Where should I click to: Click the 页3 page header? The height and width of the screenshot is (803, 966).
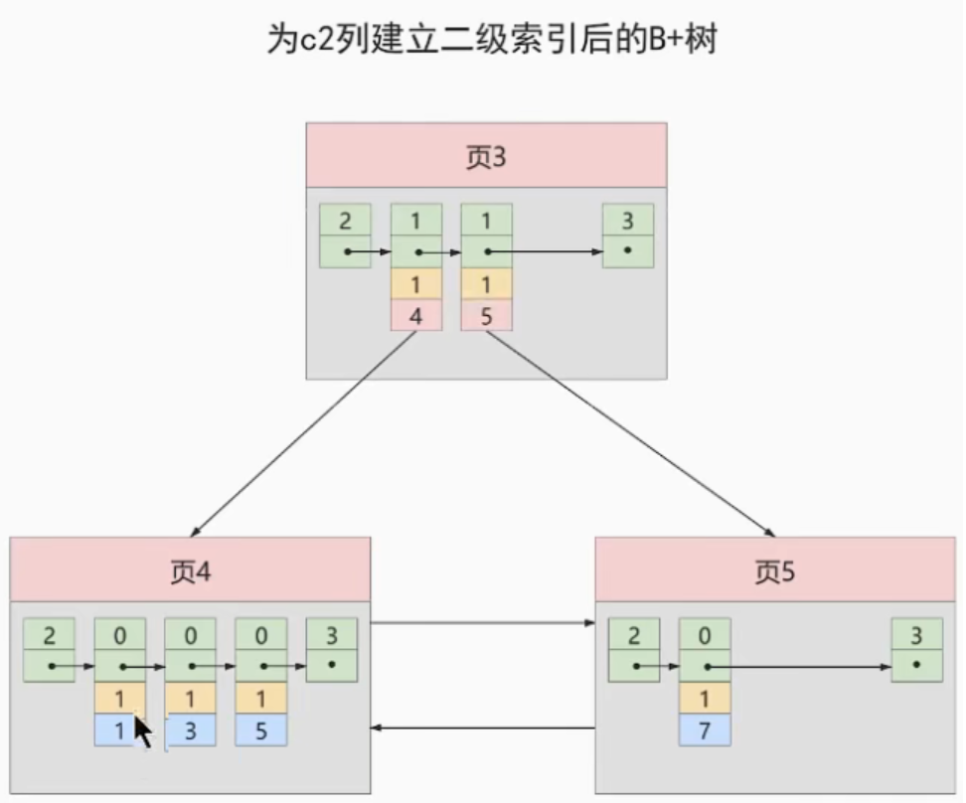tap(486, 156)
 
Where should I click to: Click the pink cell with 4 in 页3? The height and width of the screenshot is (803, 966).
tap(416, 315)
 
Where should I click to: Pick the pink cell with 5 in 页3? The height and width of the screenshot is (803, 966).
tap(487, 315)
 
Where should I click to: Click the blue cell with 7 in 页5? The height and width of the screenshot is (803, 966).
tap(705, 730)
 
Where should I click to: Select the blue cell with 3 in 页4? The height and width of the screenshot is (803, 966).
tap(190, 730)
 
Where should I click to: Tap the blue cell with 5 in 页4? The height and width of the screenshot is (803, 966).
tap(260, 730)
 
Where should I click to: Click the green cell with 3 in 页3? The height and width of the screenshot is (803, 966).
tap(628, 220)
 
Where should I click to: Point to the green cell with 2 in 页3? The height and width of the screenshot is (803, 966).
tap(345, 220)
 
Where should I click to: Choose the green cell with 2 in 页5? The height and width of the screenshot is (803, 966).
tap(633, 634)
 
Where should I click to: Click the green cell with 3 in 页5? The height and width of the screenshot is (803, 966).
tap(915, 634)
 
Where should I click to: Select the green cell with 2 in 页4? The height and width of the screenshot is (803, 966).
tap(49, 634)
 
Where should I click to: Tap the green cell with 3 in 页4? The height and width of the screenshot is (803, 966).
tap(331, 634)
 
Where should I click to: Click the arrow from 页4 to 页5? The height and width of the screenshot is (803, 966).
tap(483, 624)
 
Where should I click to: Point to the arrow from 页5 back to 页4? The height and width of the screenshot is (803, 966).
tap(483, 728)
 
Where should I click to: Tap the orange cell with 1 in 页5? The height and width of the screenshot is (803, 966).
tap(705, 698)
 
